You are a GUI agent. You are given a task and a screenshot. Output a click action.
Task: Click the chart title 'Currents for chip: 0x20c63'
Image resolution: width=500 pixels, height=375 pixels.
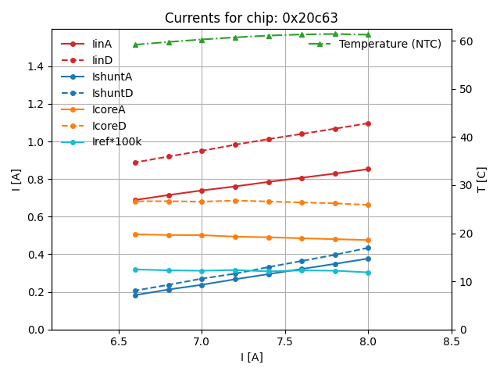(x=251, y=18)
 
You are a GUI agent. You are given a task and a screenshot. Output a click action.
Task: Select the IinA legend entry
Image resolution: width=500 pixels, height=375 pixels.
(x=102, y=44)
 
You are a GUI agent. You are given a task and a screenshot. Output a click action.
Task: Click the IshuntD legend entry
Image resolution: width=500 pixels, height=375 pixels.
(x=112, y=93)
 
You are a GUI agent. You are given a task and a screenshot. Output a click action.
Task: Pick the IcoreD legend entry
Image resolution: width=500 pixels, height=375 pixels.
(x=109, y=126)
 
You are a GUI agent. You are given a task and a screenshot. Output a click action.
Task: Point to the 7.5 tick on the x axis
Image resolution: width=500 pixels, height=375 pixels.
(x=284, y=342)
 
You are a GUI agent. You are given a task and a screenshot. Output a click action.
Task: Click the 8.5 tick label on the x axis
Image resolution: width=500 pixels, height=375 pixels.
(x=452, y=342)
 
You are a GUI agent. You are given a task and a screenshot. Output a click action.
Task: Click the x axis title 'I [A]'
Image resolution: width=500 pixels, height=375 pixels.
(x=251, y=357)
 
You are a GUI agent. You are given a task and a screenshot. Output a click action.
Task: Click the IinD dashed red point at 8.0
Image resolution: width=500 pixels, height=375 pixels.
(x=368, y=123)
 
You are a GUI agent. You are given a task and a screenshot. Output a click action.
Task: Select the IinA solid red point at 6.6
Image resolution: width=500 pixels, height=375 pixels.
(x=135, y=200)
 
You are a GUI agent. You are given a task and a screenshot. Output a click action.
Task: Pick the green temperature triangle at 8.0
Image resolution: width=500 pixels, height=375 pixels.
(x=368, y=34)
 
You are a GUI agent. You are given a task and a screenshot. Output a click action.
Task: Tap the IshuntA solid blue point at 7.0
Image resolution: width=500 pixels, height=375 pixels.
(x=202, y=284)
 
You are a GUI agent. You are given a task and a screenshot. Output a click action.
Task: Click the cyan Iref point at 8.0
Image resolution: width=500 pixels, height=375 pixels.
(x=368, y=273)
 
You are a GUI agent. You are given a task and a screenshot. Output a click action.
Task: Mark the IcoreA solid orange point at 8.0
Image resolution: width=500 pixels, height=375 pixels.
(x=368, y=240)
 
